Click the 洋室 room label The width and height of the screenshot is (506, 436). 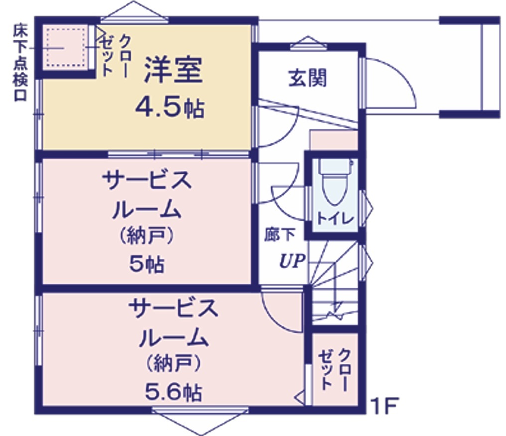pos(173,70)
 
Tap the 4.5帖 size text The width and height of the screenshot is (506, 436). pos(170,108)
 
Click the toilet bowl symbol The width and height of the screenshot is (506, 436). pos(336,182)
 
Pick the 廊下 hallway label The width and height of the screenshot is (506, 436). pos(280,235)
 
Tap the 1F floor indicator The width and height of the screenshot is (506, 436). pos(385,406)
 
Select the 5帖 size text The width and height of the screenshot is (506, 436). pos(147,264)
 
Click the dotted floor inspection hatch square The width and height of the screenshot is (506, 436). pos(66,47)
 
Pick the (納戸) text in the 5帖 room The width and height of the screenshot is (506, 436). pos(147,236)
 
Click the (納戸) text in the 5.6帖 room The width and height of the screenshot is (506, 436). pos(174,363)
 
